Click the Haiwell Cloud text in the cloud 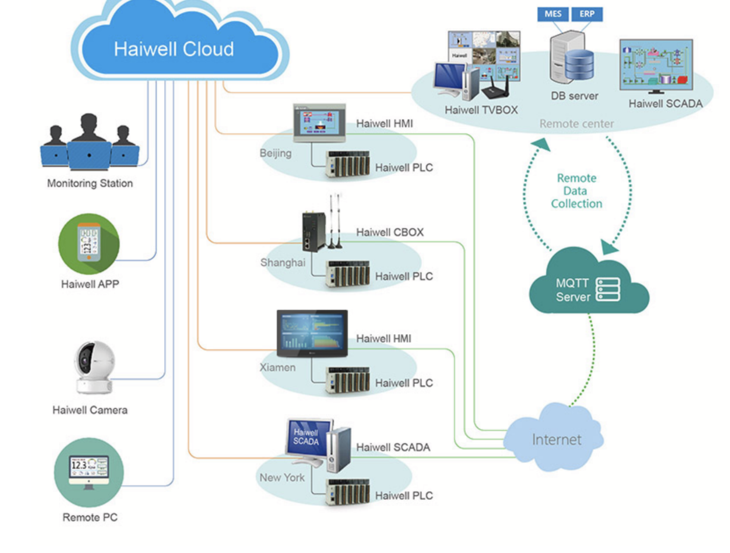click(x=174, y=50)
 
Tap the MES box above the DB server click(x=553, y=14)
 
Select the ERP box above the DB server click(x=587, y=14)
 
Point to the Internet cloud click(x=556, y=439)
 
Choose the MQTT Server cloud click(x=587, y=286)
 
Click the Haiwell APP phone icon click(x=89, y=244)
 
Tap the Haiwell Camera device click(x=94, y=367)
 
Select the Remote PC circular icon click(x=89, y=472)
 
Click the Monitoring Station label click(x=90, y=183)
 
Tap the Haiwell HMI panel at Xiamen click(x=312, y=333)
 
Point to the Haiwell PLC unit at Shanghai click(x=348, y=275)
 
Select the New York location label click(x=282, y=477)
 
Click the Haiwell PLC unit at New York click(x=348, y=492)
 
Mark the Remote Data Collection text click(x=576, y=191)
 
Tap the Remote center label click(x=576, y=124)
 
